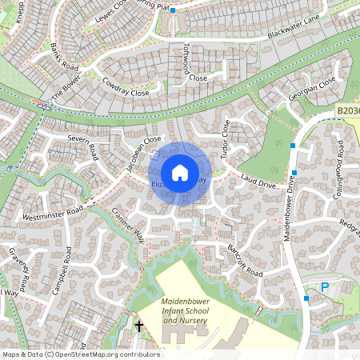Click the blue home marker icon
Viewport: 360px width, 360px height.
click(x=180, y=173)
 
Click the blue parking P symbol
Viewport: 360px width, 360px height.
click(x=325, y=287)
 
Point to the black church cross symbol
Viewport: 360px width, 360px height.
click(x=139, y=326)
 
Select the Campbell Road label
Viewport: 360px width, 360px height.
click(x=62, y=272)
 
